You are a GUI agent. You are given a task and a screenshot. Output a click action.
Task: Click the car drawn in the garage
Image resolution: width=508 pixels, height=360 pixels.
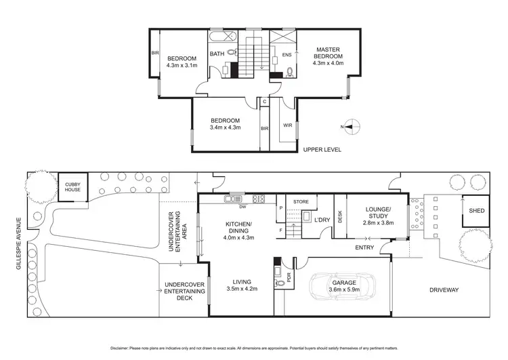coord(343,290)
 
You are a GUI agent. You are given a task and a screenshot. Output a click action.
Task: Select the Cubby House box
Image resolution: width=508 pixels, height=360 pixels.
coord(72,186)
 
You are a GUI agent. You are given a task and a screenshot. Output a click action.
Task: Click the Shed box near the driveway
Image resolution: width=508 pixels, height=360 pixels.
coord(471,211)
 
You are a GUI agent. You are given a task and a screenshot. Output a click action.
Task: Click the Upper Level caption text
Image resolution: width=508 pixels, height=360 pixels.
coord(322,149)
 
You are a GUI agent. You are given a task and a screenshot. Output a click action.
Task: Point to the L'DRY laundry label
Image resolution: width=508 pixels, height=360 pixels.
coord(322,219)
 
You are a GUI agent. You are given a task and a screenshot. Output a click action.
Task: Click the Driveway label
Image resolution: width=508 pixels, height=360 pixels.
coord(444,290)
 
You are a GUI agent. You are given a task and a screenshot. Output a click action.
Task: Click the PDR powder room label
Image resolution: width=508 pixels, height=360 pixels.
coord(289,278)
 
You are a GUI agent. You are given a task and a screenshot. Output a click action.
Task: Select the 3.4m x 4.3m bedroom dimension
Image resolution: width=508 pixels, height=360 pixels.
coord(226,127)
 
